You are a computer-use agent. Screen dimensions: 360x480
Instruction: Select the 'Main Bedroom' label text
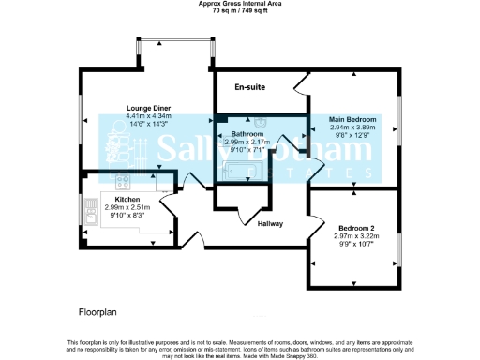(352, 120)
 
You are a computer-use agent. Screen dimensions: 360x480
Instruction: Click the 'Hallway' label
(270, 223)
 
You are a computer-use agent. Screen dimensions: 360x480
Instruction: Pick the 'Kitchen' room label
(127, 200)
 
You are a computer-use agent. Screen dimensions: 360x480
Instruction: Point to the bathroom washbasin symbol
(266, 122)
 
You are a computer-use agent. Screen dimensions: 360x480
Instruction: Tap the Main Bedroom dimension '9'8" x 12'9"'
(352, 136)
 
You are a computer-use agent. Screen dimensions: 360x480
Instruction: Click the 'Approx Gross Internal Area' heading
(240, 4)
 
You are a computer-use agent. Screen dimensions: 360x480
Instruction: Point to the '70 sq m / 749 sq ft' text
(240, 11)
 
